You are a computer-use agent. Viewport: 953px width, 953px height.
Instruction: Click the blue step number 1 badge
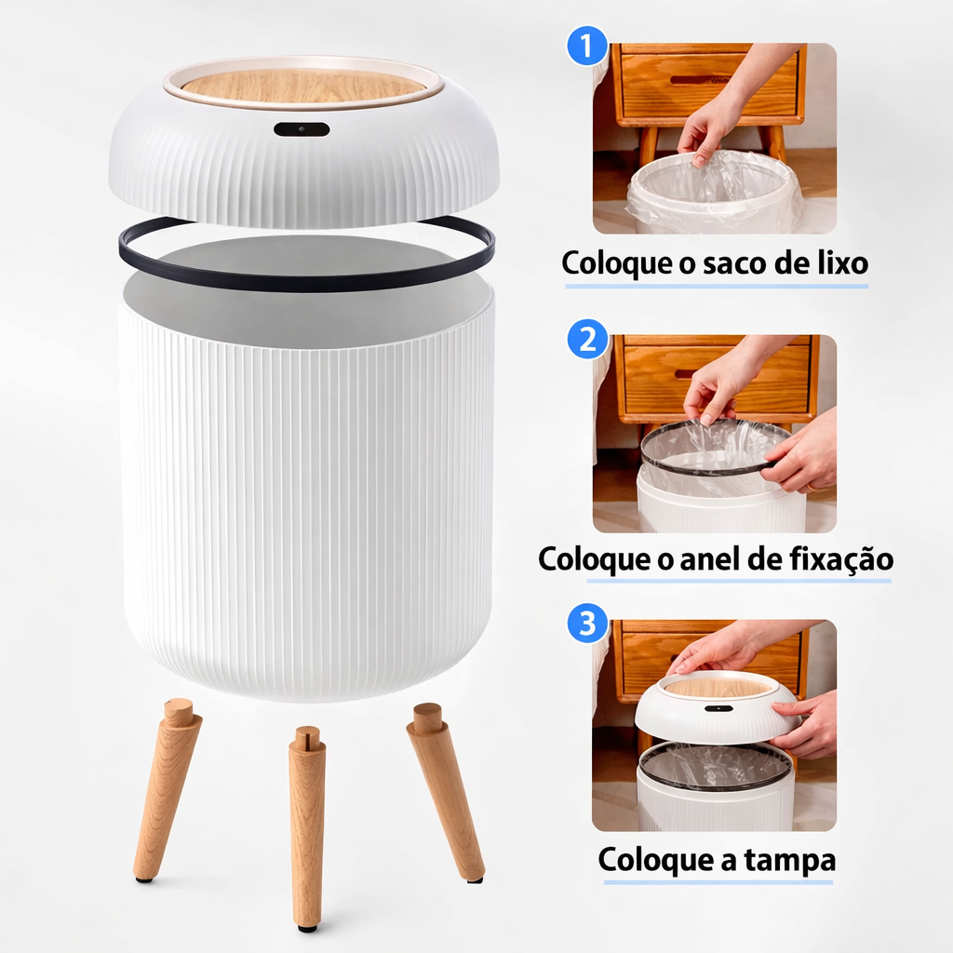pyautogui.click(x=587, y=46)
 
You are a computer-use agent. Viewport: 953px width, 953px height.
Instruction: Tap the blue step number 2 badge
pyautogui.click(x=587, y=340)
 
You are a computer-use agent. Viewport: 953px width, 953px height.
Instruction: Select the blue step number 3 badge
pyautogui.click(x=587, y=624)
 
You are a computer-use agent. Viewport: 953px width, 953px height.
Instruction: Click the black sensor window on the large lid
pyautogui.click(x=302, y=129)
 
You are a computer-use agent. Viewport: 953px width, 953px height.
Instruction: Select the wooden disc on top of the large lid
pyautogui.click(x=303, y=86)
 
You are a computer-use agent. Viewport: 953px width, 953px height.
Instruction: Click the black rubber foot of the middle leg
pyautogui.click(x=306, y=926)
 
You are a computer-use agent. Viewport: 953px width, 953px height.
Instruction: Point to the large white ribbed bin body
pyautogui.click(x=307, y=503)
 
